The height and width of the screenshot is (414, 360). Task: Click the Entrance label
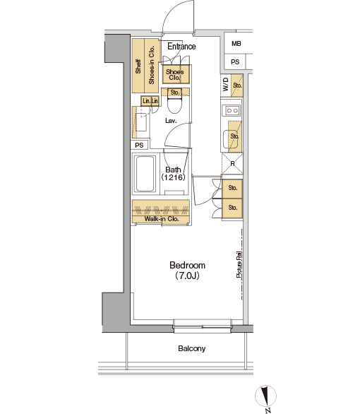[181, 47]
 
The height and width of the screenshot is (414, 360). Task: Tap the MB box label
[236, 44]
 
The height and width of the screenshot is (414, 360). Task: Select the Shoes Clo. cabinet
[176, 74]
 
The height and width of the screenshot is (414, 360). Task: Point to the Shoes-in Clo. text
[151, 65]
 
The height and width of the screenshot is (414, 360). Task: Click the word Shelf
[138, 66]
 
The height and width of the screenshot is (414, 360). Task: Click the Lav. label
[171, 121]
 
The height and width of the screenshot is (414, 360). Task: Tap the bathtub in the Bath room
[145, 174]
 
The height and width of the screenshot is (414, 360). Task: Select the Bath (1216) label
[173, 174]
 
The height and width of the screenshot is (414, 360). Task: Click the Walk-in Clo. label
[161, 219]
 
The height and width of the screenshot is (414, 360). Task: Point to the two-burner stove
[232, 110]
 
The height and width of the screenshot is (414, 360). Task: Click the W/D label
[225, 84]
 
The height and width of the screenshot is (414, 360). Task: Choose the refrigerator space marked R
[232, 164]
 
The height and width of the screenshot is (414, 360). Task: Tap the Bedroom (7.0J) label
[187, 271]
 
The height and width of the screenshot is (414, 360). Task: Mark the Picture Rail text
[239, 264]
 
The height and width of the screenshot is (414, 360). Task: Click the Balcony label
[192, 348]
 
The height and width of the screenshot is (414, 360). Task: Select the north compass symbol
[266, 397]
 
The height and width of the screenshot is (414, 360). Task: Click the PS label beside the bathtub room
[139, 146]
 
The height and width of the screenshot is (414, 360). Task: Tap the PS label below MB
[235, 62]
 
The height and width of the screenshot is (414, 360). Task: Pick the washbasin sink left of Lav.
[141, 122]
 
